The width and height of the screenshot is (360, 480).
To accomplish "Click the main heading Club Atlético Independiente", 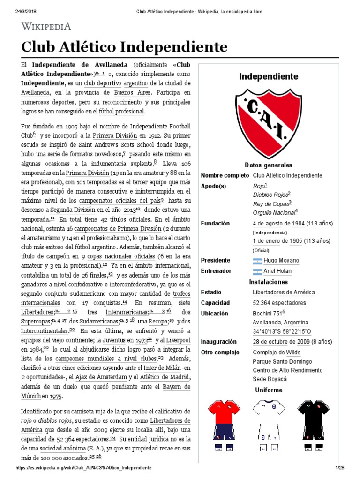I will pyautogui.click(x=124, y=47).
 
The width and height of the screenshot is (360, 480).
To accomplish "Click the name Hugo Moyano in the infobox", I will pyautogui.click(x=281, y=260).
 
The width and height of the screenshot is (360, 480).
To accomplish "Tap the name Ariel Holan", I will pyautogui.click(x=277, y=271).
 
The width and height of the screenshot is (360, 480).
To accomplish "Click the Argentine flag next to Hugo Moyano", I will pyautogui.click(x=257, y=260).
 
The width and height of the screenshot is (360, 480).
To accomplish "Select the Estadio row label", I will pyautogui.click(x=211, y=292).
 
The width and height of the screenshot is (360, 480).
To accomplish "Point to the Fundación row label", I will pyautogui.click(x=215, y=224).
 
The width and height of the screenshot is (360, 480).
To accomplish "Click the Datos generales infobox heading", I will pyautogui.click(x=268, y=165).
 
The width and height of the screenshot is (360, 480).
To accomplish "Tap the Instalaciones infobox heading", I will pyautogui.click(x=268, y=282).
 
